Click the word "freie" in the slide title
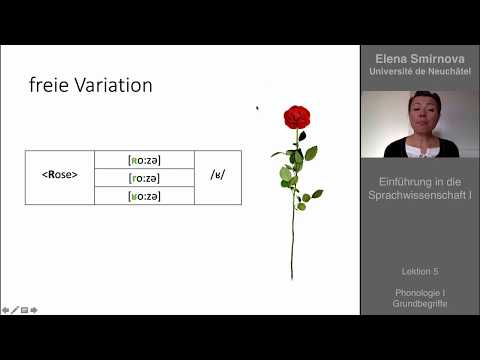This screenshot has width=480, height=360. coord(47,86)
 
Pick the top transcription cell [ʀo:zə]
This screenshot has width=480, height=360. coord(144,160)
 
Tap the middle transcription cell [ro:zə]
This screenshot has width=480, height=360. coord(144,178)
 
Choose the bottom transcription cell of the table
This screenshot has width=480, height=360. coord(144,196)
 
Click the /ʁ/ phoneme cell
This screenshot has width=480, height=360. coord(218,177)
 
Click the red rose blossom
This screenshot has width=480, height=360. coord(296,117)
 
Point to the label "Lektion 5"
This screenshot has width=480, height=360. coord(420,271)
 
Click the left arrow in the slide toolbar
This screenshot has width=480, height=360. coord(5,310)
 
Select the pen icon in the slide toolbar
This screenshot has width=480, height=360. coord(14,310)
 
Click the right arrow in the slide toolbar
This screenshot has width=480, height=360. coord(34,310)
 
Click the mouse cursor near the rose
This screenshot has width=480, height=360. coord(257,108)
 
